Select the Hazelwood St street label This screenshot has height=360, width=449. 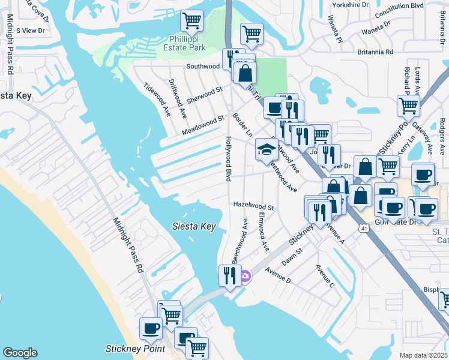point(253,207)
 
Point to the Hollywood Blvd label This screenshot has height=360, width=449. point(229,158)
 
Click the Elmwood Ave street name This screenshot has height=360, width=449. point(264,232)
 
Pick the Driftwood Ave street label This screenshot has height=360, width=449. point(178,98)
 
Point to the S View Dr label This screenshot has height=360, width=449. point(31,30)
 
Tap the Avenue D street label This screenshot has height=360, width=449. point(277,275)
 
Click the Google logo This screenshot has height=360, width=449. point(20,353)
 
